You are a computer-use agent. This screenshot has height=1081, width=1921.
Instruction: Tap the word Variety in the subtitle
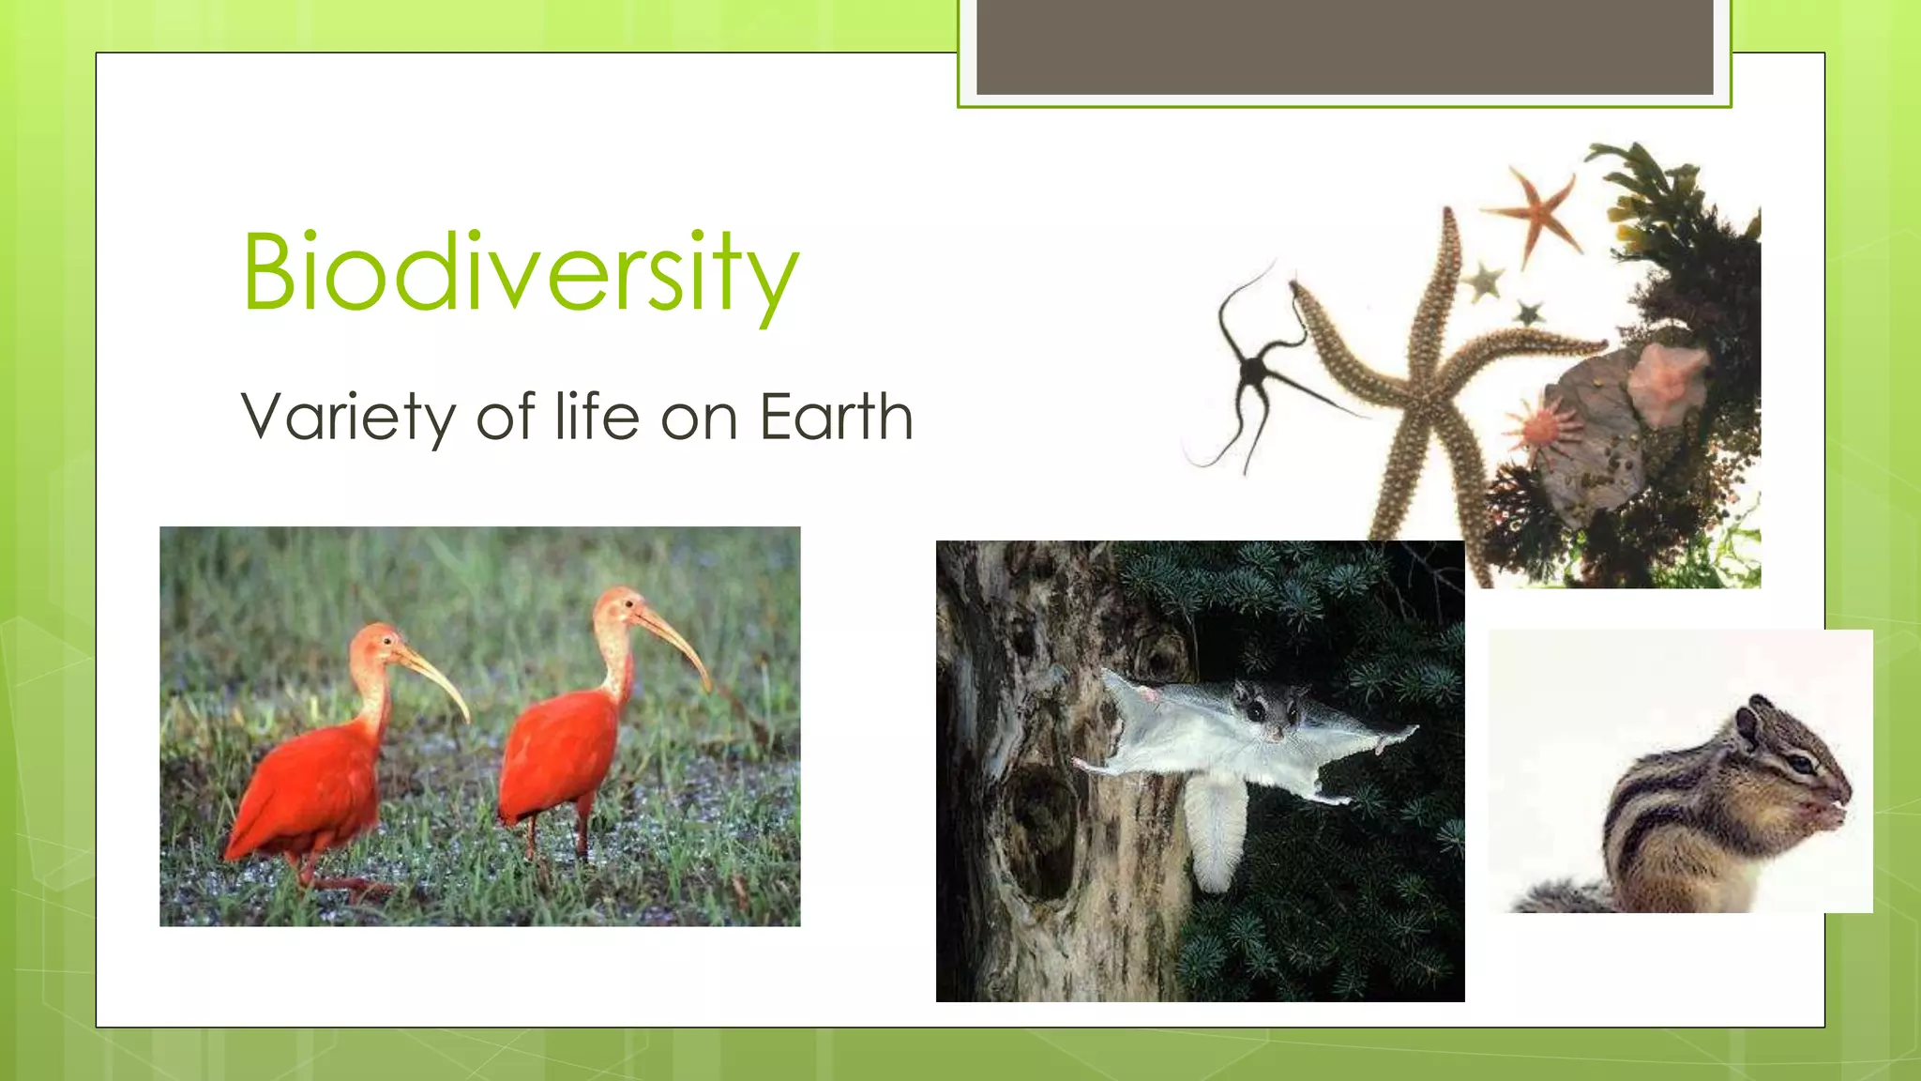(348, 417)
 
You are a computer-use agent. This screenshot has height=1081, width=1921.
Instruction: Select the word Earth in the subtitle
(835, 417)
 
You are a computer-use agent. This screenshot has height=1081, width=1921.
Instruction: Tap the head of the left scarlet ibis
(378, 643)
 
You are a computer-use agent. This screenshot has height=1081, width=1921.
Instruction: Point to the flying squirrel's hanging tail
(1217, 830)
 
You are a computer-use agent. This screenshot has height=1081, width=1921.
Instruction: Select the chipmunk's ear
(1747, 726)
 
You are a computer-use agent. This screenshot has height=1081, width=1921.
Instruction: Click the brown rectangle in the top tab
(1344, 47)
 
